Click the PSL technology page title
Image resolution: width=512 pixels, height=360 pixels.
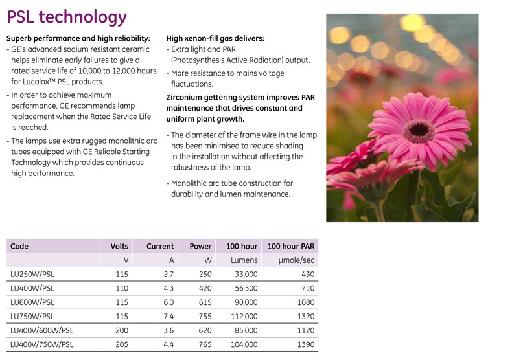coord(66,16)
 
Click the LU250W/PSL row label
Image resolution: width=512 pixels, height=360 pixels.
coord(32,274)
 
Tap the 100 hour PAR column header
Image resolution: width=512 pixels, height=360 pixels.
coord(291,246)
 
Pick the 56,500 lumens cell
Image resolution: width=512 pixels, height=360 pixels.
coord(244,288)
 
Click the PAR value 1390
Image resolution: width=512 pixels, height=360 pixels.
coord(304,344)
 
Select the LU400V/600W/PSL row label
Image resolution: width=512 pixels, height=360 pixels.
coord(42,330)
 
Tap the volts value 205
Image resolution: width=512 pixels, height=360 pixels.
coord(121,344)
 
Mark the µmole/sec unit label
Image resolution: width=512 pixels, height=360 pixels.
coord(296,260)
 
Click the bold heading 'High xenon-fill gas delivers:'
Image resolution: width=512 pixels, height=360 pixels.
coord(215,38)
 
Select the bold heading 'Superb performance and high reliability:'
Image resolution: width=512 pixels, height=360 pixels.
coord(78,38)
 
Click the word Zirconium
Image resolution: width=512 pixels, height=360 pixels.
coord(188,98)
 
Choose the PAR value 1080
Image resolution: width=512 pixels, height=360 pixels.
coord(304,302)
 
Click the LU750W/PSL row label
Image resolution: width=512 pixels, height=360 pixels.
coord(32,317)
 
